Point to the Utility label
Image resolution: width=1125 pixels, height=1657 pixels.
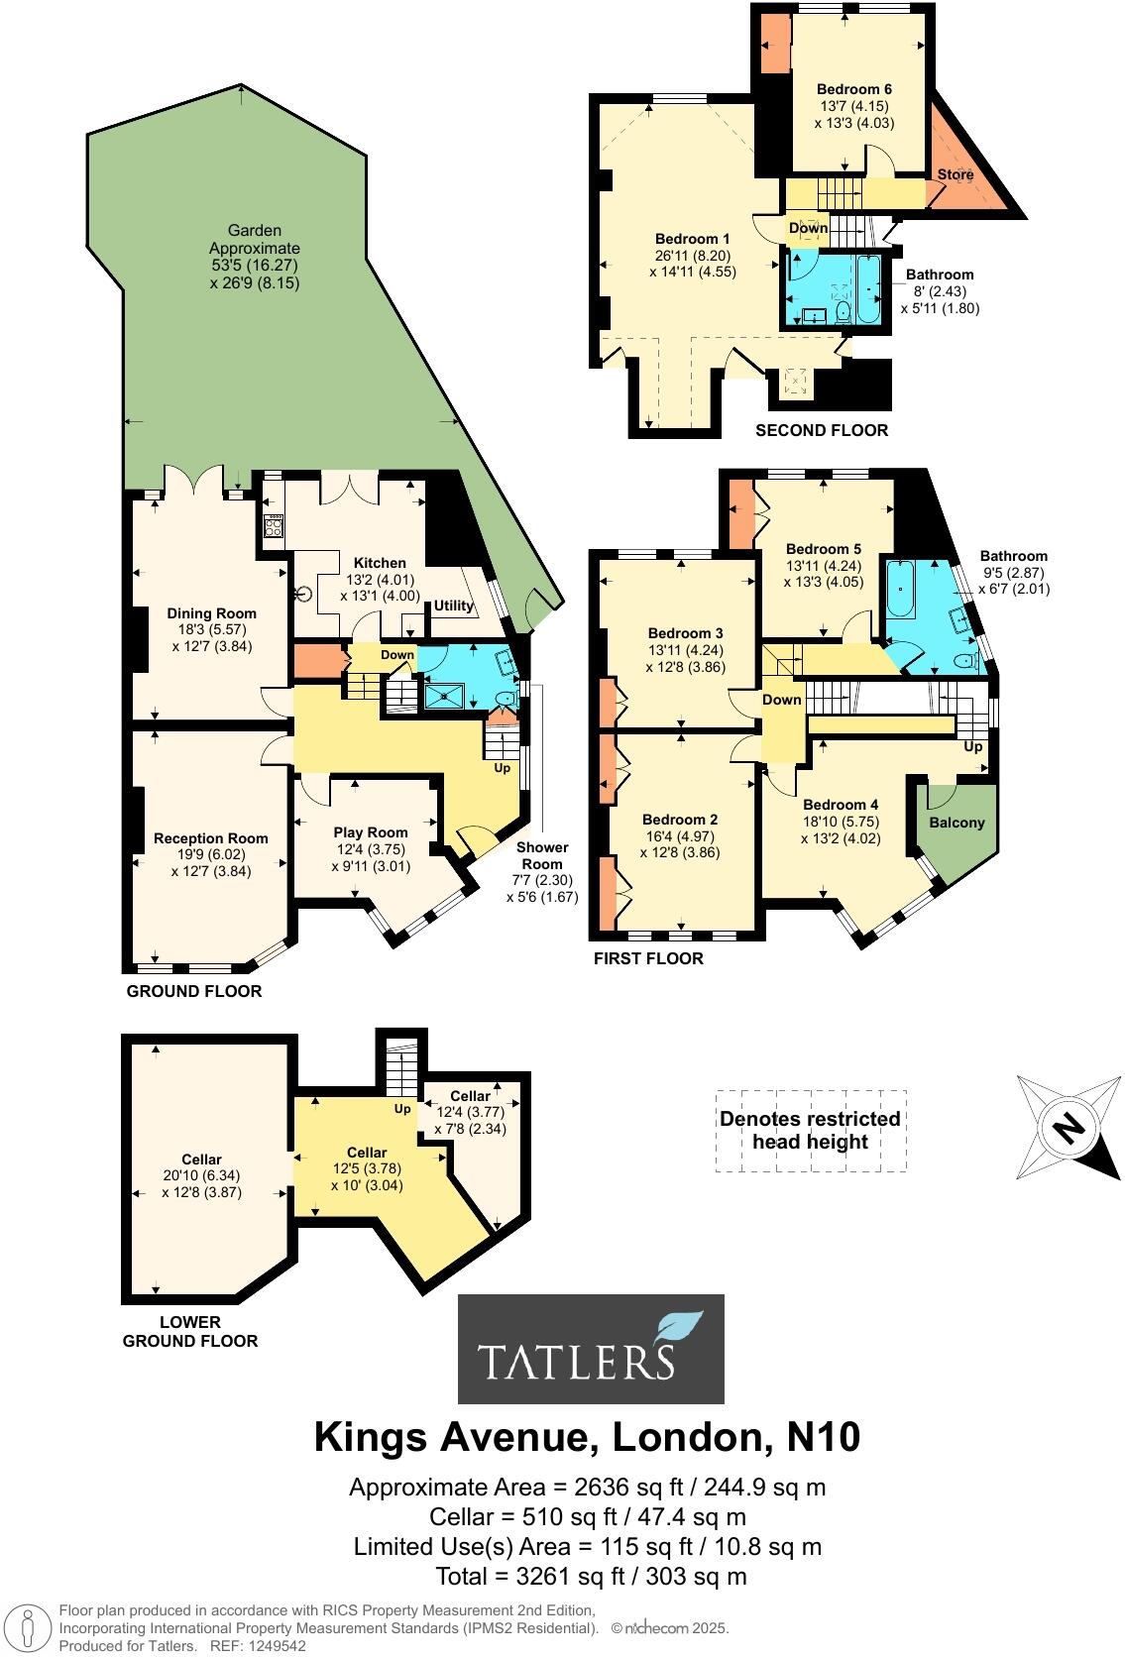click(453, 606)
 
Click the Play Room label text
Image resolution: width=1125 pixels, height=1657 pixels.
click(370, 832)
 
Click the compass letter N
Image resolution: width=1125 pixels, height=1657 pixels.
click(1067, 1128)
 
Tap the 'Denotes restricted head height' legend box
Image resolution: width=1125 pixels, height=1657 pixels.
click(811, 1131)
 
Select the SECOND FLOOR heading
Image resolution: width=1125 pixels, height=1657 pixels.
click(822, 430)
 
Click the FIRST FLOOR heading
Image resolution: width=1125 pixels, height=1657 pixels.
click(648, 958)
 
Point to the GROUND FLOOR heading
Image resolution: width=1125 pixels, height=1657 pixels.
click(194, 991)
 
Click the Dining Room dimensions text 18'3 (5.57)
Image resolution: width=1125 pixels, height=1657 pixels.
click(211, 629)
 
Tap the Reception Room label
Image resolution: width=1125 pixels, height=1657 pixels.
click(211, 838)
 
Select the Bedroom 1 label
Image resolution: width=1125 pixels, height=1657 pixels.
click(693, 239)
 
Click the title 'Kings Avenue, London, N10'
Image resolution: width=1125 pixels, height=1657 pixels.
click(587, 1437)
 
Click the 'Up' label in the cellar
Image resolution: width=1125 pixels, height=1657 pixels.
click(402, 1109)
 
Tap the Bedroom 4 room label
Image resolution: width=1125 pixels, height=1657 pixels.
click(841, 805)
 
